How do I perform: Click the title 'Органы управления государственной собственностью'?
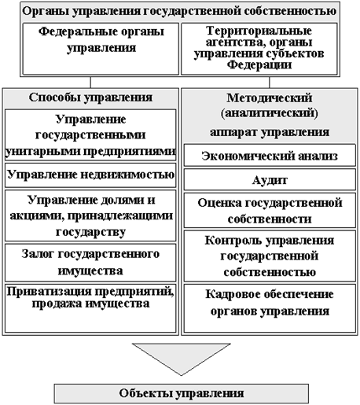(179, 11)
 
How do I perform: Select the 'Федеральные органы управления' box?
(101, 49)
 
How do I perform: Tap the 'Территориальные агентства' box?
(259, 49)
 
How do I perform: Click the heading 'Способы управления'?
(90, 98)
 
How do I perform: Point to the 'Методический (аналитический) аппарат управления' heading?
(270, 115)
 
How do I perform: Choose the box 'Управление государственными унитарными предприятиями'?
(90, 134)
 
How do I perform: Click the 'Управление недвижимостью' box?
(90, 175)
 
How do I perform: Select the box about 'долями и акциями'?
(90, 215)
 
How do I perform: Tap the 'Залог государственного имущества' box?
(90, 263)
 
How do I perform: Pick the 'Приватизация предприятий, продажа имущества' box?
(90, 308)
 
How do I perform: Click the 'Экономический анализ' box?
(270, 155)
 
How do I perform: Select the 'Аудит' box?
(270, 179)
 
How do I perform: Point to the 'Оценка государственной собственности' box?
(270, 210)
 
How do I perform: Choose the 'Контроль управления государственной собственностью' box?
(270, 256)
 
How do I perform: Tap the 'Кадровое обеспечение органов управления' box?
(270, 308)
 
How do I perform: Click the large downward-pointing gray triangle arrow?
(182, 356)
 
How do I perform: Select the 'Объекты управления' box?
(182, 393)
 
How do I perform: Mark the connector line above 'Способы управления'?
(90, 83)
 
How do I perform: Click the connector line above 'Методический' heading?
(270, 83)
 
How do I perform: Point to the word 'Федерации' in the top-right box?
(259, 64)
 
